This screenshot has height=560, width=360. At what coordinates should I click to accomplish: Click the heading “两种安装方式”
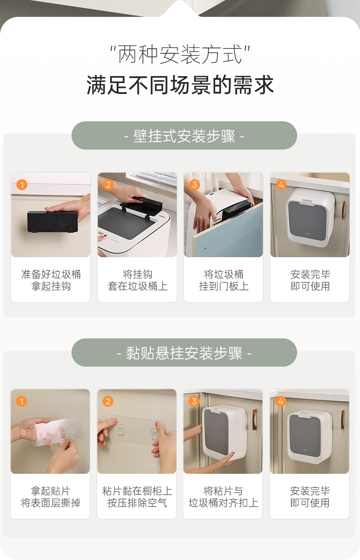click(x=180, y=54)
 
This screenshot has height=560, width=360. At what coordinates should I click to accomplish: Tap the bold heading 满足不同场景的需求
click(x=180, y=85)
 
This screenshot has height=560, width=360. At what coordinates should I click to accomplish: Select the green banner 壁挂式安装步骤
click(x=184, y=135)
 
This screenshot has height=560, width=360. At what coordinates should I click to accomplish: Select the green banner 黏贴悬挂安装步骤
click(x=184, y=353)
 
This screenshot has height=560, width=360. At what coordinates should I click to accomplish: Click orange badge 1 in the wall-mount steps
click(x=22, y=185)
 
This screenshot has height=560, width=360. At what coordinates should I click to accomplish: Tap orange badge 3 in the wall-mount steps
click(x=195, y=185)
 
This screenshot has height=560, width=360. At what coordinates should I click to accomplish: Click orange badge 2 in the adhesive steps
click(x=108, y=401)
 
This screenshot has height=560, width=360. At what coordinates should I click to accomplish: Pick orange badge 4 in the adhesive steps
click(x=281, y=401)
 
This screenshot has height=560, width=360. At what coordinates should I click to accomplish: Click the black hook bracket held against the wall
click(x=52, y=222)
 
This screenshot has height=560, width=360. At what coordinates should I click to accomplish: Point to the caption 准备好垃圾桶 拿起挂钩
click(x=51, y=280)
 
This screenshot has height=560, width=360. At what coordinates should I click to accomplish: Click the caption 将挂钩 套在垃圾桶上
click(x=138, y=280)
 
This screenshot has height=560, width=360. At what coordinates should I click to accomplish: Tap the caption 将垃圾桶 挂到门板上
click(x=224, y=280)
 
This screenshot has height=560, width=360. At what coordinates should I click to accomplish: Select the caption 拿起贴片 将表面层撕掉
click(x=51, y=497)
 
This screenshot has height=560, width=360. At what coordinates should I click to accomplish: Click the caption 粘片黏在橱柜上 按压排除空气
click(x=137, y=497)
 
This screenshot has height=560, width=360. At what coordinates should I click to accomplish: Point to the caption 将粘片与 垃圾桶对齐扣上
click(x=223, y=497)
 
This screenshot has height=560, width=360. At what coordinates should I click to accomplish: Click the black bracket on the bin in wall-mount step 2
click(x=142, y=206)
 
